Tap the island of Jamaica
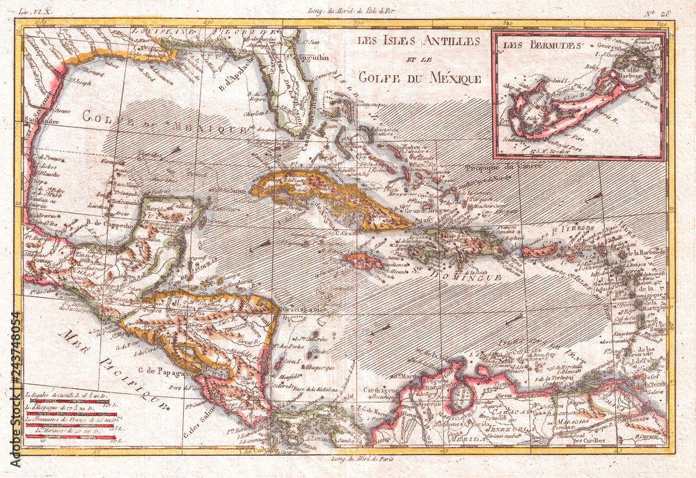(363, 261)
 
